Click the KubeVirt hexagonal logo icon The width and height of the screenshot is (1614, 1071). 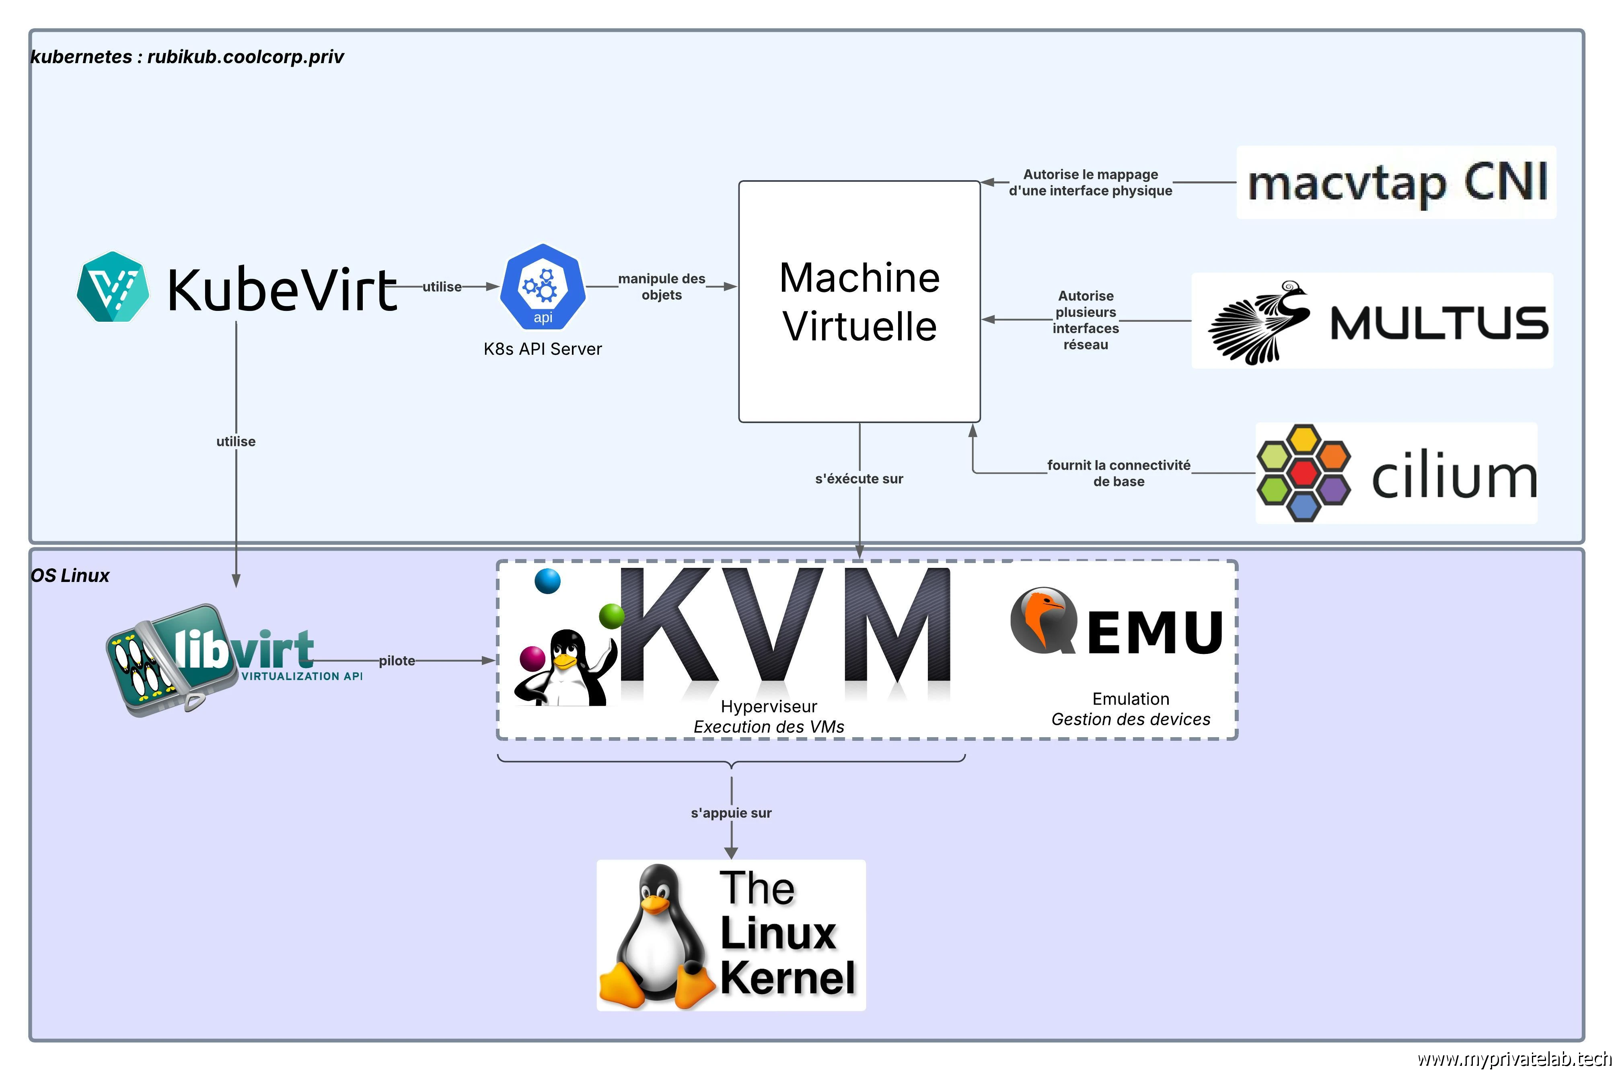tap(113, 287)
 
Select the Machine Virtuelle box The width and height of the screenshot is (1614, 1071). tap(859, 301)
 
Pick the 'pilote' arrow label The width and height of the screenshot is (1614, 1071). tap(397, 660)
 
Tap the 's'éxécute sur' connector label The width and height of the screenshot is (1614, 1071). tap(859, 479)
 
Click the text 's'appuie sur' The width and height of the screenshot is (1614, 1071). tap(731, 813)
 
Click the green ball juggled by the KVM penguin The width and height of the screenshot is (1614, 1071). tap(611, 616)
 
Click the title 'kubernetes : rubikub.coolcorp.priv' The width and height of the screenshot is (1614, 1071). tap(187, 57)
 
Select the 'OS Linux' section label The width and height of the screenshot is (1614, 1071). tap(70, 575)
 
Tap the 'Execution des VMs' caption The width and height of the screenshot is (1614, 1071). tap(769, 727)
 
